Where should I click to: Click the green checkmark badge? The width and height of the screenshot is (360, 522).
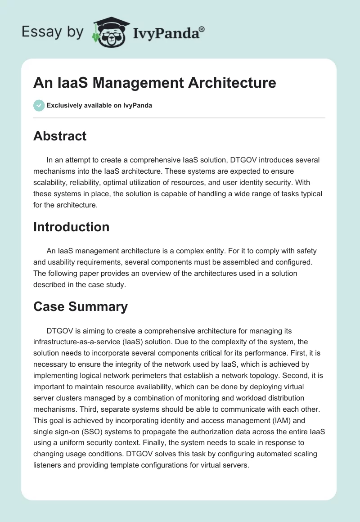(39, 105)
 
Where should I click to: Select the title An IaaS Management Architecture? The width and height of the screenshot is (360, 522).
(154, 83)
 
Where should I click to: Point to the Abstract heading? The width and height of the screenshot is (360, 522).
(60, 136)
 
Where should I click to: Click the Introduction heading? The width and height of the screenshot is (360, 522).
(71, 226)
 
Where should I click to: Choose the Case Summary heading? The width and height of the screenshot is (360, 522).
(80, 306)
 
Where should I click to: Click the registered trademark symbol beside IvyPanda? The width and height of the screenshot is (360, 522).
(202, 29)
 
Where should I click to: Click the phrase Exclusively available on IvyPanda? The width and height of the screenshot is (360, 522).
(99, 105)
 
